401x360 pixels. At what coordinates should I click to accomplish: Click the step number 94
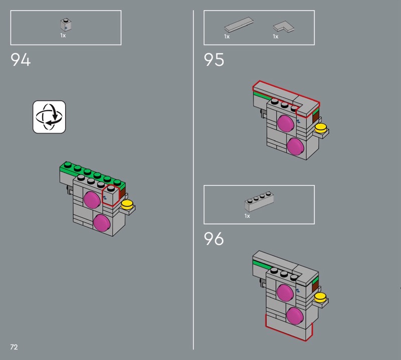(21, 60)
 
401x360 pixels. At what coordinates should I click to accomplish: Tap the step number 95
(214, 60)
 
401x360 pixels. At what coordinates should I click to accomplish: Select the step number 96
(214, 239)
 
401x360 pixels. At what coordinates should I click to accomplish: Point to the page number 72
(14, 347)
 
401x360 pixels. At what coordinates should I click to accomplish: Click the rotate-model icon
(49, 117)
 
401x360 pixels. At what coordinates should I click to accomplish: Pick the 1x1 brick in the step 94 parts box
(66, 25)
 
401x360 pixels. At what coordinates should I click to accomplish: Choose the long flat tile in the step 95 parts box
(239, 25)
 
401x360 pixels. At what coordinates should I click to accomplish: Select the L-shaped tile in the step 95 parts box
(284, 27)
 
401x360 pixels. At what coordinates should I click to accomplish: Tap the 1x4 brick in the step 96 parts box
(259, 202)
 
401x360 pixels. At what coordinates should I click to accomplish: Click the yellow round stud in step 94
(127, 205)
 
